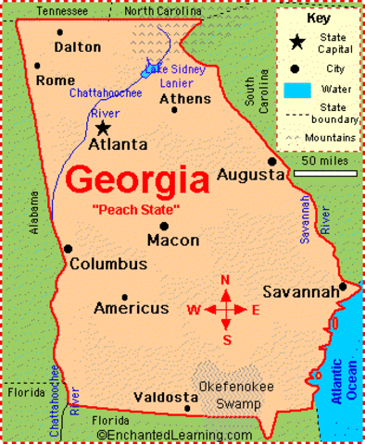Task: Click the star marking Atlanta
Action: [x=103, y=127]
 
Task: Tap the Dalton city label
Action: [x=78, y=46]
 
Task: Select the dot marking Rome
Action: [x=37, y=66]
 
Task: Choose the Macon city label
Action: [x=172, y=240]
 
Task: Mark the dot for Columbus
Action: [x=68, y=248]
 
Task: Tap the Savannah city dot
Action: [x=342, y=287]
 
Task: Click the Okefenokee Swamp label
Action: [x=233, y=395]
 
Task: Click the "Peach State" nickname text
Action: [x=135, y=210]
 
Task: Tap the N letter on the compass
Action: [x=225, y=279]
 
